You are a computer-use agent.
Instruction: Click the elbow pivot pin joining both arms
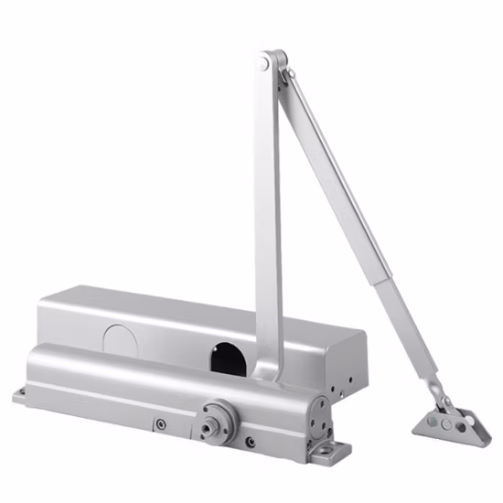[264, 63]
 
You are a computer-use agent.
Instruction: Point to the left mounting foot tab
[22, 395]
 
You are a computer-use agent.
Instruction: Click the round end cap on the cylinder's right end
[319, 416]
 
